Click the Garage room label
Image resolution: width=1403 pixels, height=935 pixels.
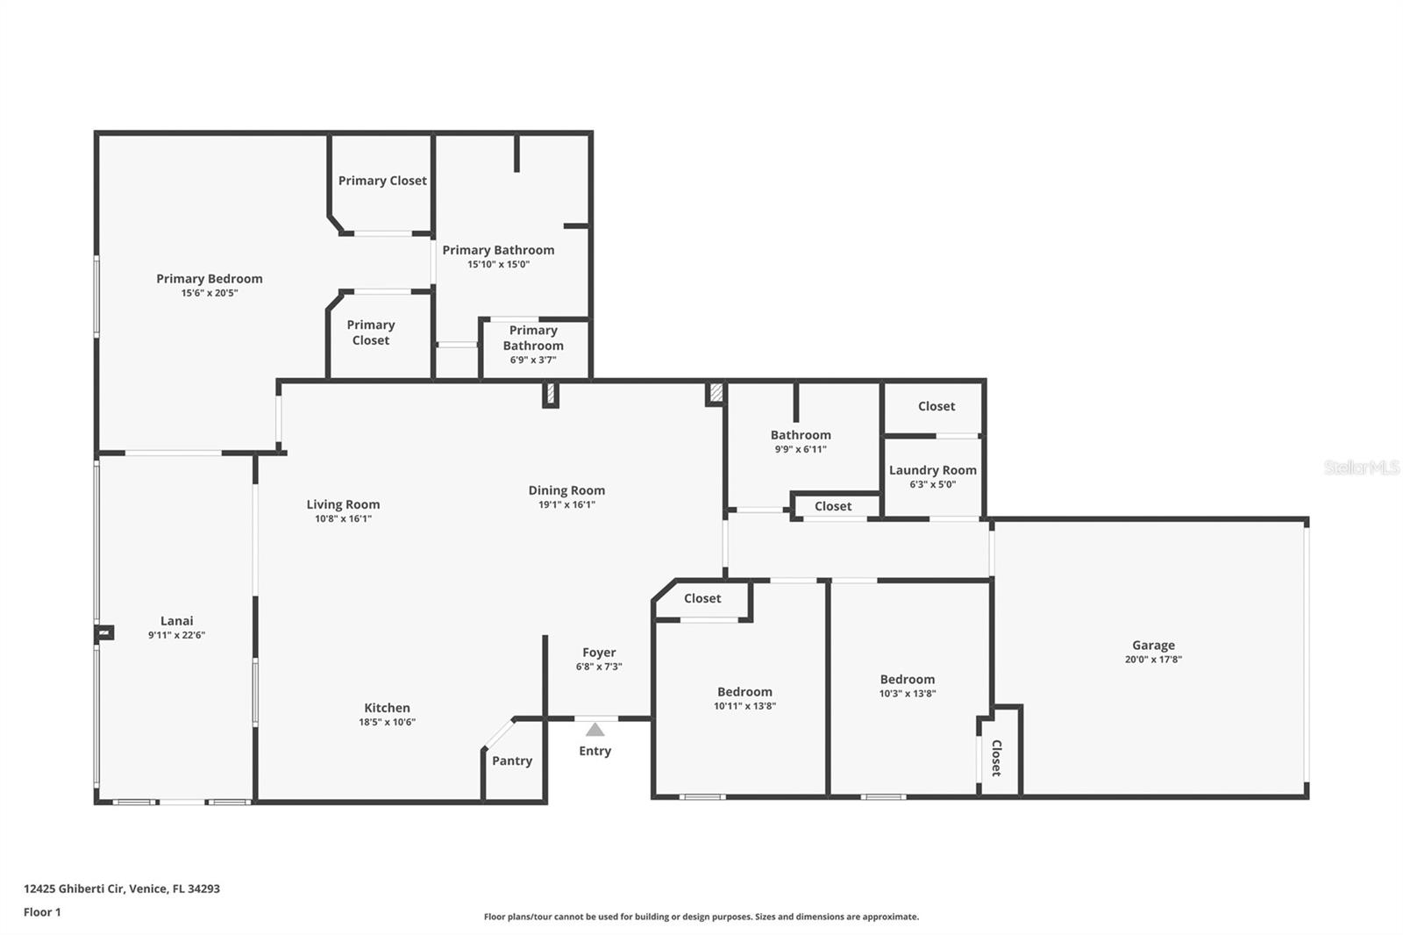1153,645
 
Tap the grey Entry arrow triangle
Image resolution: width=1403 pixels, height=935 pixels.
595,730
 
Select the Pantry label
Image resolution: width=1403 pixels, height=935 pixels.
512,760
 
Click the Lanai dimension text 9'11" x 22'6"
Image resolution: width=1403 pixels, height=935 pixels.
176,635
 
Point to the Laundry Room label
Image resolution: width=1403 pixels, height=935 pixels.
933,470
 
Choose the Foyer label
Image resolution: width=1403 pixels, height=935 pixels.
599,653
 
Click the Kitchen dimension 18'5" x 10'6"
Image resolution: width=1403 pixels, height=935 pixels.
387,722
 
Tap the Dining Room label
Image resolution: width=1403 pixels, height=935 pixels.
566,490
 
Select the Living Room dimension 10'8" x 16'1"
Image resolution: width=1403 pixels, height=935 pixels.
343,519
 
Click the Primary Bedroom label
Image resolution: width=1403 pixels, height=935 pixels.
210,279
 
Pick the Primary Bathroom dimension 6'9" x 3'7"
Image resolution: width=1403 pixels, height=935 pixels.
533,360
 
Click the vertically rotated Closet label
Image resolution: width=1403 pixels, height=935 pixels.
997,759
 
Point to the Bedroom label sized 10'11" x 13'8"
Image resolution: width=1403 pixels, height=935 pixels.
744,692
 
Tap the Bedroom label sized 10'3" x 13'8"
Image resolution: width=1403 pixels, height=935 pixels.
908,679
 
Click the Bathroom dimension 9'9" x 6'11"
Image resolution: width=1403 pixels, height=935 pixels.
801,449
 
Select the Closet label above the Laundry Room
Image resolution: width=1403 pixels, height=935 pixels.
937,406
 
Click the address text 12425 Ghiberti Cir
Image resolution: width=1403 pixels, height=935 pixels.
75,889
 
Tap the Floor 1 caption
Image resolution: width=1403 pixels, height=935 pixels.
42,912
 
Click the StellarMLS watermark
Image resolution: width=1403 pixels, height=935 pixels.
1362,467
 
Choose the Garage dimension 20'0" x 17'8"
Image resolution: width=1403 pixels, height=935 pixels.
1153,660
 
